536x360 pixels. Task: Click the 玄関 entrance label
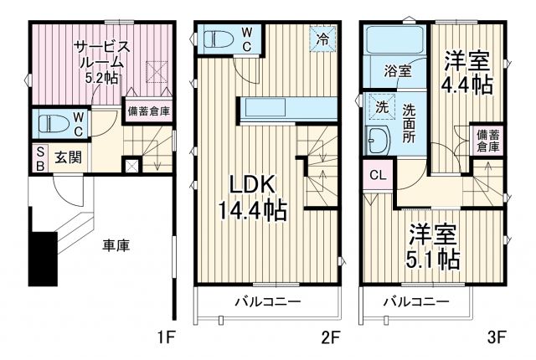pos(68,157)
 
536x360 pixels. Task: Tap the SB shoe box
pos(39,157)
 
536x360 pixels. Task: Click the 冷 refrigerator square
pos(323,39)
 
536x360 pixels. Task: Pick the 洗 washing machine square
pos(374,107)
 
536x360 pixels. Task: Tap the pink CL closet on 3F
pos(376,176)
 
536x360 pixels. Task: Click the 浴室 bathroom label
pos(396,71)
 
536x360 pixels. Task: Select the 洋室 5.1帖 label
pos(434,246)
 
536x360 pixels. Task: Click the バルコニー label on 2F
pos(266,301)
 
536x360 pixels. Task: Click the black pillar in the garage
pos(42,259)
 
